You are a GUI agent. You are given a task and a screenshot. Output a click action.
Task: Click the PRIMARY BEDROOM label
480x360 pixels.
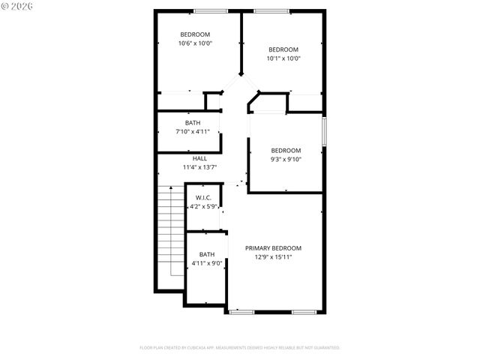(x=273, y=248)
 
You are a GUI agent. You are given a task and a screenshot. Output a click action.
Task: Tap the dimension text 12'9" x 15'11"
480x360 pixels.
(x=273, y=257)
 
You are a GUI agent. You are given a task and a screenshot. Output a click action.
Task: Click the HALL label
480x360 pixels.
(x=199, y=158)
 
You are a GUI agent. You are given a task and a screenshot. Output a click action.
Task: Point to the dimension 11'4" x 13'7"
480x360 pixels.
(x=199, y=167)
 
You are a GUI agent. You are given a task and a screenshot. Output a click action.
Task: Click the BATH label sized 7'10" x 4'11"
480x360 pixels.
(x=193, y=123)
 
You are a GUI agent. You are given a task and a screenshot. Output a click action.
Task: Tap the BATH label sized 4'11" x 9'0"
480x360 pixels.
(x=206, y=254)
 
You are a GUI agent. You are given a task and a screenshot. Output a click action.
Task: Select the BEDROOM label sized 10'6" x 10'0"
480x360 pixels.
(x=195, y=34)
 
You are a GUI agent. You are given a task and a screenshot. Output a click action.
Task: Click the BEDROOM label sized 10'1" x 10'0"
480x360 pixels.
(x=284, y=49)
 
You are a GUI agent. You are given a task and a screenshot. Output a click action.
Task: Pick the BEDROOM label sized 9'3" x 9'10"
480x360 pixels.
(x=286, y=150)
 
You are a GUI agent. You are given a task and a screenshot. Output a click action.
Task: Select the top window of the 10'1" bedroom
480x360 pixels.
(x=265, y=10)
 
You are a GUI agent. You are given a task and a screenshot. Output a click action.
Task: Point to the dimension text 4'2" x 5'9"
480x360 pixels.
(x=202, y=205)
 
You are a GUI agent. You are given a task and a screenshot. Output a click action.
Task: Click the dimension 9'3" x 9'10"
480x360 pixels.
(x=286, y=159)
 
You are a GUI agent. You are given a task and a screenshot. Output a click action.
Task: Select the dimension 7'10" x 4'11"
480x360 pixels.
(x=193, y=132)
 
